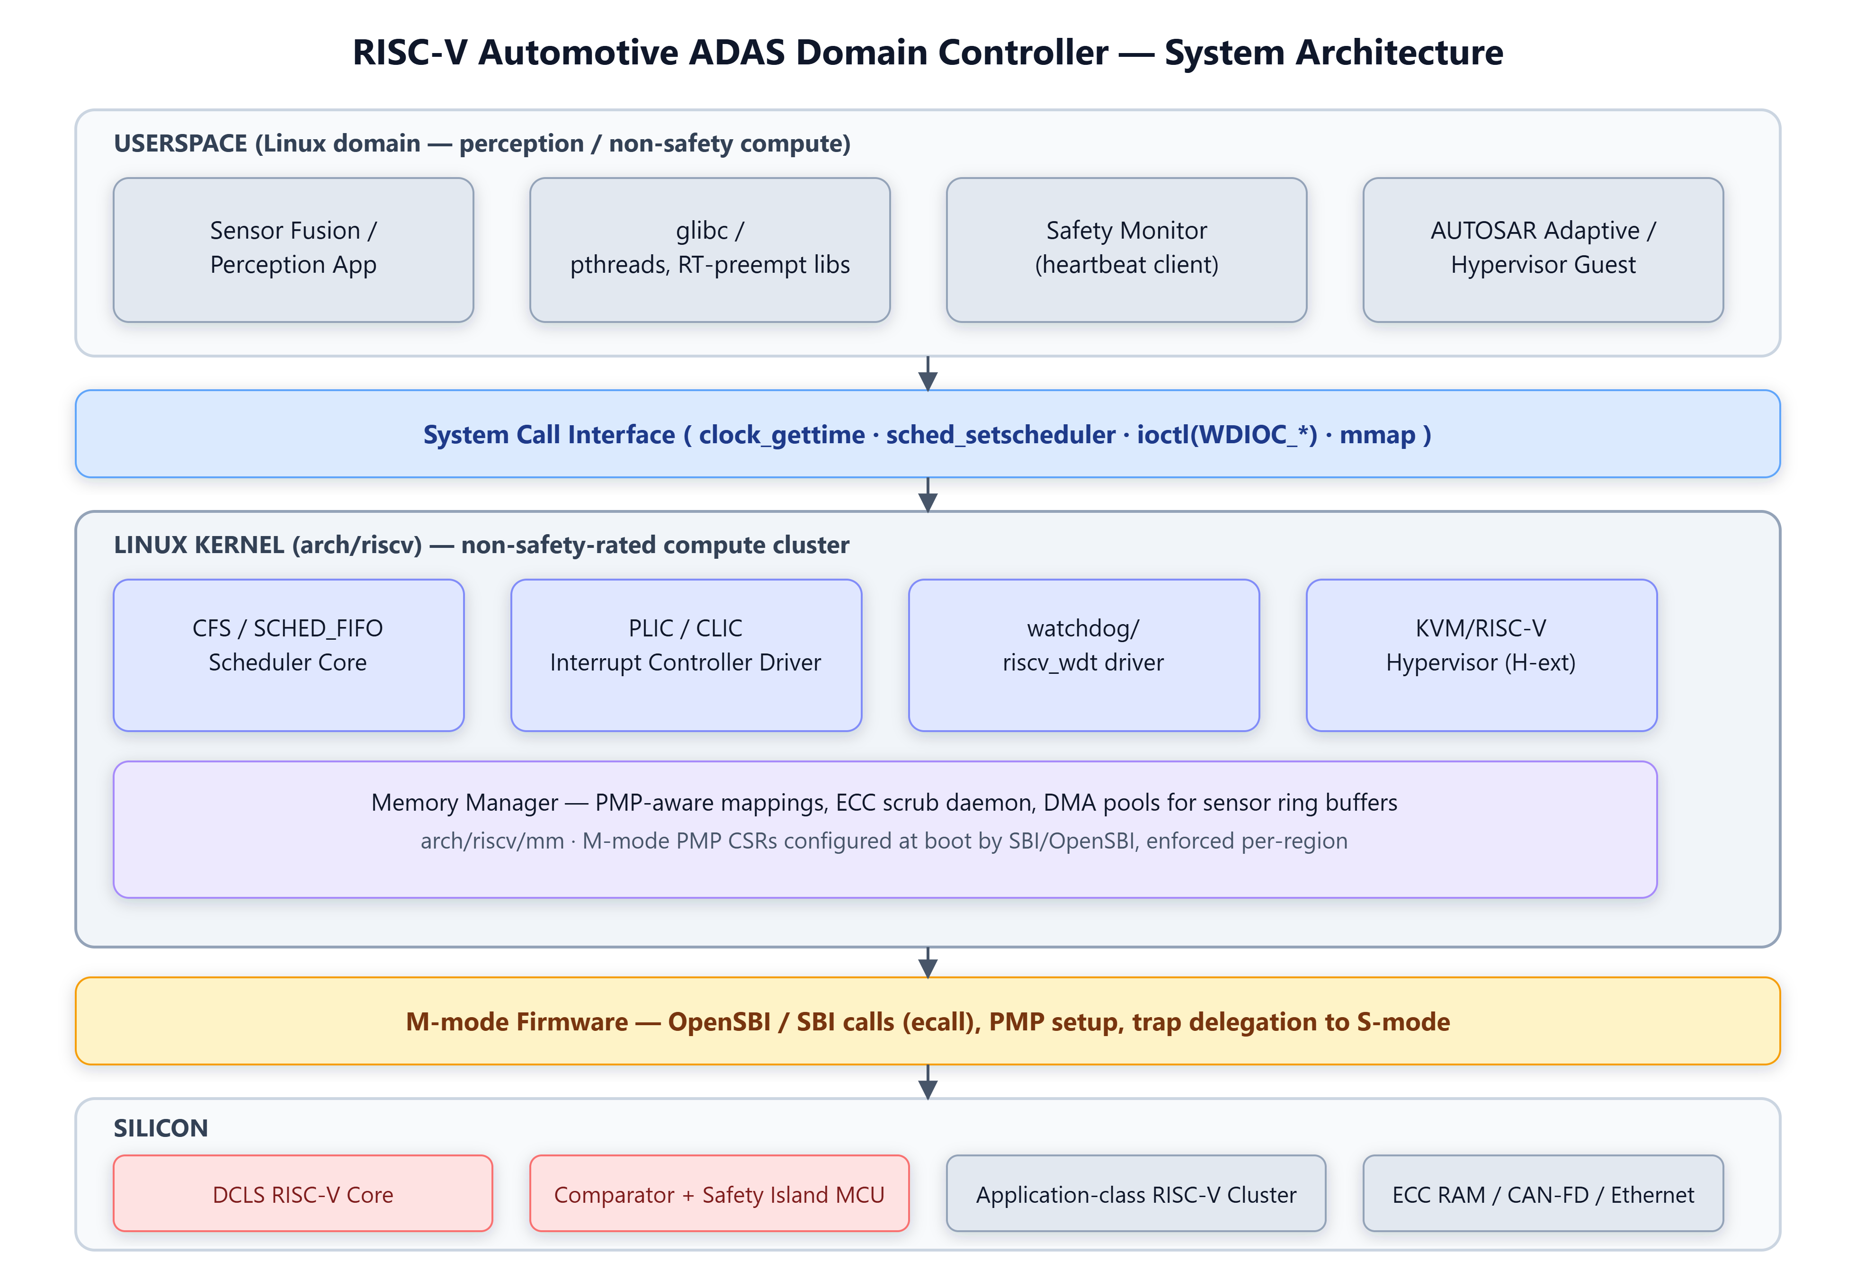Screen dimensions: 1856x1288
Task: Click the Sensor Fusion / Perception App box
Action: [293, 250]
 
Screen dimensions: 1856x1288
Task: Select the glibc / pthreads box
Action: [709, 250]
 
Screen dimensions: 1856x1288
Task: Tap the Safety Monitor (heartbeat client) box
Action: [1126, 250]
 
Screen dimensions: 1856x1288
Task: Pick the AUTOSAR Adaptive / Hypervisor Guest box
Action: [1543, 250]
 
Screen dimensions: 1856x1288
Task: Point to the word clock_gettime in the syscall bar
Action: [781, 435]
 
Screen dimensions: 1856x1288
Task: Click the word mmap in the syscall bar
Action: [1377, 435]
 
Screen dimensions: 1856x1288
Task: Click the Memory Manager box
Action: [885, 829]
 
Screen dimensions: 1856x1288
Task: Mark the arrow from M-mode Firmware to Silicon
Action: [928, 1082]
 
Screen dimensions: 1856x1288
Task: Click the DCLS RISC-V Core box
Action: [303, 1194]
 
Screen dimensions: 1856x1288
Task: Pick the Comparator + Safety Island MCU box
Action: [719, 1194]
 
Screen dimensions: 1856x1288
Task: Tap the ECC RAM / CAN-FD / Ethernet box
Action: [1543, 1194]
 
